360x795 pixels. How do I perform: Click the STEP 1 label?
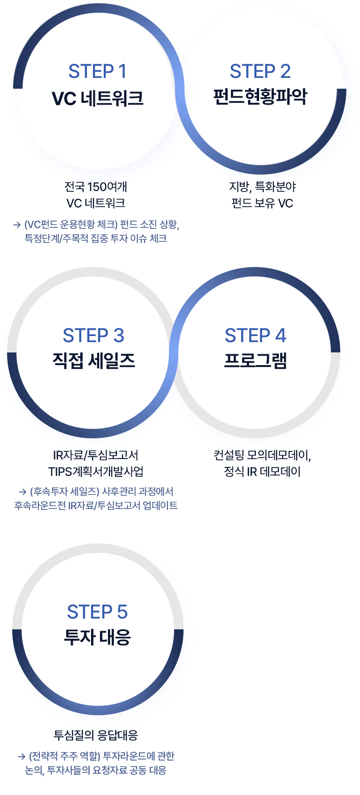(97, 72)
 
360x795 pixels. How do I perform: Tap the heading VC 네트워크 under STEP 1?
(97, 99)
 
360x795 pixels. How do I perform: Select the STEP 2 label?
(260, 72)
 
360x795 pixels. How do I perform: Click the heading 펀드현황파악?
(260, 97)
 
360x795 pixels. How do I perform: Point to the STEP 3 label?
(93, 336)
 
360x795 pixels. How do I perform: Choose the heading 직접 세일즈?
(93, 360)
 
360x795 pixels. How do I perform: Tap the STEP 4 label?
(255, 336)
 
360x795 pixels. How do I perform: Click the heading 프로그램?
(255, 360)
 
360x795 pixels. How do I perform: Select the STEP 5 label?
(97, 612)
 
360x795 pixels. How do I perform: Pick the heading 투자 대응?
(97, 637)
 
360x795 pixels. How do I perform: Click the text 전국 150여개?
(96, 187)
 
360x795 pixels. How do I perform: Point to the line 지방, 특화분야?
(262, 187)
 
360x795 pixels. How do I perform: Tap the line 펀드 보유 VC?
(262, 203)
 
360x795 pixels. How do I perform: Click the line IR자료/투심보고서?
(96, 455)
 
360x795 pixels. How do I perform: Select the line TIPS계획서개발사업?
(96, 471)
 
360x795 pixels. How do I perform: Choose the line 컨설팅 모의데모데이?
(262, 455)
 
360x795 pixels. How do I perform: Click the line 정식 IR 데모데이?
(262, 471)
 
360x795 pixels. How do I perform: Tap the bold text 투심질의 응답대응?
(96, 735)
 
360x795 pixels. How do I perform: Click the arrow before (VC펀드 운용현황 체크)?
(17, 225)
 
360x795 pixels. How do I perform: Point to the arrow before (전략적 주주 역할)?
(21, 757)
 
